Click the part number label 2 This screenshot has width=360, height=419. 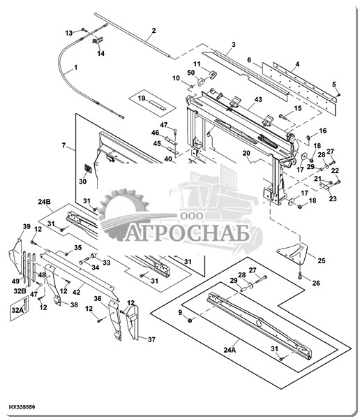(153, 31)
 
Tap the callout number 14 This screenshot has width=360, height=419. (100, 54)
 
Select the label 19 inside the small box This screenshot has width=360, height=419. (142, 98)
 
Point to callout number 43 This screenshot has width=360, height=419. (258, 99)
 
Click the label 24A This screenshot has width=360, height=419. (230, 350)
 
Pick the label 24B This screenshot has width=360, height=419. (44, 202)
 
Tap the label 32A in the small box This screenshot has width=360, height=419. (17, 310)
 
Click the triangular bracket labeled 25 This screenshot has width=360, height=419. (292, 253)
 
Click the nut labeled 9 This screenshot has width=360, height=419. (190, 320)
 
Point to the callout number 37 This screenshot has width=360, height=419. (151, 339)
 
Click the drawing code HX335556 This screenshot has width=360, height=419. (22, 407)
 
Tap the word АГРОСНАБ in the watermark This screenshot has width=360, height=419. (188, 233)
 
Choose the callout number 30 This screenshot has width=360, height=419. (82, 181)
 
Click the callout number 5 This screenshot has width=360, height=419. (333, 84)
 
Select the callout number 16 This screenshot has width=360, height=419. (323, 131)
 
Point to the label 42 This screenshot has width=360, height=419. (76, 292)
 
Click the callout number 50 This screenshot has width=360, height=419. (191, 73)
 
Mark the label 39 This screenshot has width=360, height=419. (27, 226)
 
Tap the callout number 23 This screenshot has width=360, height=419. (333, 199)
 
